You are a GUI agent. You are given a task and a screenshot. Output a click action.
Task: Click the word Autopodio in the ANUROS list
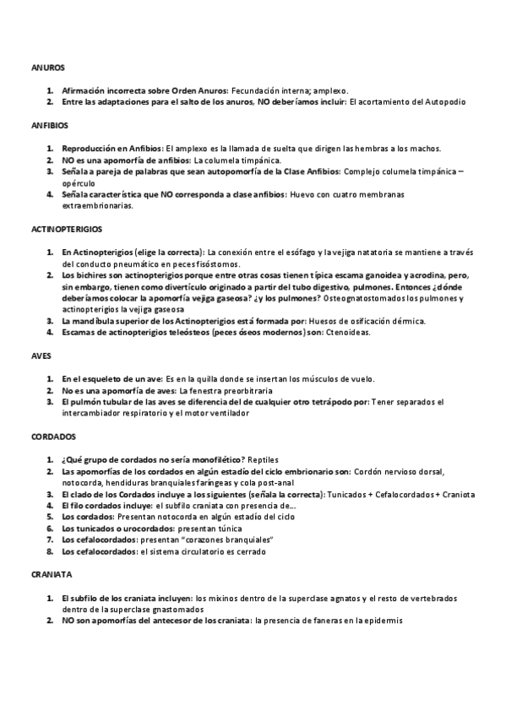click(x=443, y=101)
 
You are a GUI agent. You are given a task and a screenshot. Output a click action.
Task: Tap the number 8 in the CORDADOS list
click(x=50, y=551)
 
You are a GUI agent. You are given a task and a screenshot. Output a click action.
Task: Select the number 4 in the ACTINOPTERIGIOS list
click(x=50, y=332)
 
